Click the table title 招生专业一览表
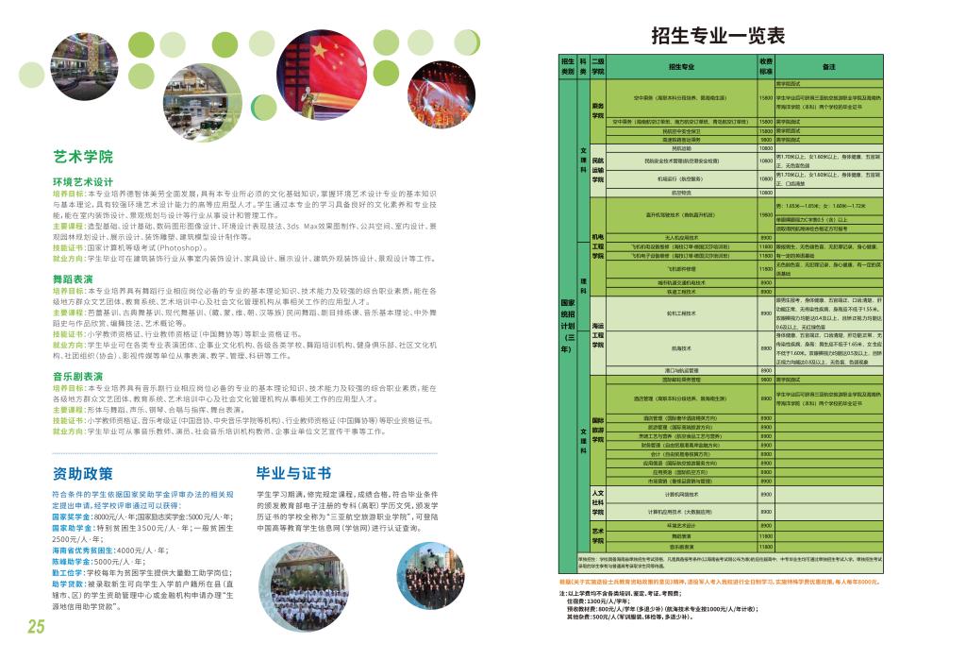pos(718,36)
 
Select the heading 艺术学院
pos(83,157)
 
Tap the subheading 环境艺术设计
pos(83,181)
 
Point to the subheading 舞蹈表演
pos(73,279)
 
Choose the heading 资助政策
pos(83,473)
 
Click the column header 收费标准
pos(766,66)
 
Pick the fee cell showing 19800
pos(766,215)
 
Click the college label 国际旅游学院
pos(597,430)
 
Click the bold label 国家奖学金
pos(73,517)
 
